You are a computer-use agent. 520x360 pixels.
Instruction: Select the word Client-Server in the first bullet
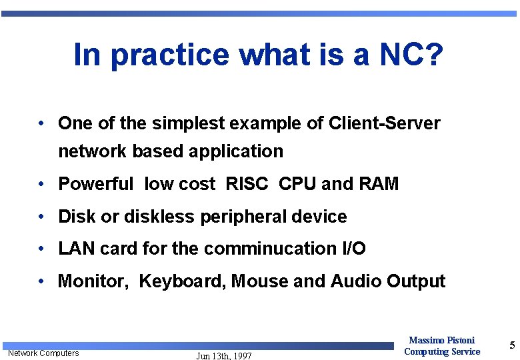385,123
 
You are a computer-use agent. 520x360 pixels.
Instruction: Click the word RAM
379,184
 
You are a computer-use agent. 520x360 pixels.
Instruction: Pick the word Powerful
96,184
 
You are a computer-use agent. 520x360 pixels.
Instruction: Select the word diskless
183,217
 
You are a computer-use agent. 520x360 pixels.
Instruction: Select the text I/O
353,249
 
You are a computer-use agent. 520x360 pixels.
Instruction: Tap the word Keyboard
183,282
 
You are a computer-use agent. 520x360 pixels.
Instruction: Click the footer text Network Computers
43,353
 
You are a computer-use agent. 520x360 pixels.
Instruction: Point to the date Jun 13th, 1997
224,356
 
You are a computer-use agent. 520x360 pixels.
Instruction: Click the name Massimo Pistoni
441,341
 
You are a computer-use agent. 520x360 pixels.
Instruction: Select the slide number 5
512,345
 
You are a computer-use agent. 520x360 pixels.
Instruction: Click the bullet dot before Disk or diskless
41,217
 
